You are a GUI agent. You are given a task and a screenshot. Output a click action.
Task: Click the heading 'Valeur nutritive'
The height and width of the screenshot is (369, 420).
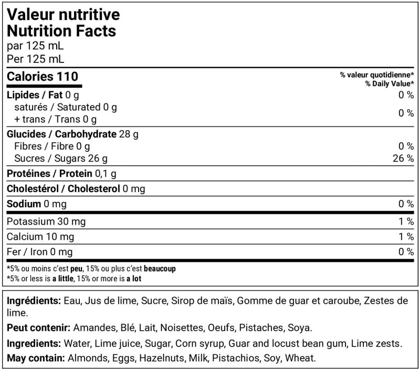pyautogui.click(x=63, y=14)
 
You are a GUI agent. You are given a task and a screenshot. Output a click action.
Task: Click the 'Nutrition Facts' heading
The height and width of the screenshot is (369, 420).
pyautogui.click(x=61, y=30)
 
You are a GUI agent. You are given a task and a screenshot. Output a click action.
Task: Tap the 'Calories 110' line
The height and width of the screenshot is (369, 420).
pyautogui.click(x=43, y=77)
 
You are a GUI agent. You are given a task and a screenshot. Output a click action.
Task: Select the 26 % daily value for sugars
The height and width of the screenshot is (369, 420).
pyautogui.click(x=403, y=158)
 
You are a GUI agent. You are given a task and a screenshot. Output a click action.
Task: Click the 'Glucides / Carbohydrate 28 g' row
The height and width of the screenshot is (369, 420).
pyautogui.click(x=72, y=134)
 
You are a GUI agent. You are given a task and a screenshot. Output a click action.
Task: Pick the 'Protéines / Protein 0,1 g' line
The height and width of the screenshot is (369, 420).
pyautogui.click(x=61, y=173)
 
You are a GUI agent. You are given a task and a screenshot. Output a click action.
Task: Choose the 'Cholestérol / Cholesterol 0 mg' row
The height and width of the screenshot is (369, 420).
pyautogui.click(x=76, y=188)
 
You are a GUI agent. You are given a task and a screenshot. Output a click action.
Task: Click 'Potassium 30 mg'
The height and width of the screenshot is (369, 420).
pyautogui.click(x=46, y=222)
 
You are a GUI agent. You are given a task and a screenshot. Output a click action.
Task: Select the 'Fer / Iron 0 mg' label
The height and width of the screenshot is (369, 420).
pyautogui.click(x=39, y=252)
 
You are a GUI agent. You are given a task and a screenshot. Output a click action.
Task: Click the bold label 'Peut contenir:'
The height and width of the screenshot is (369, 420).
pyautogui.click(x=39, y=328)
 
